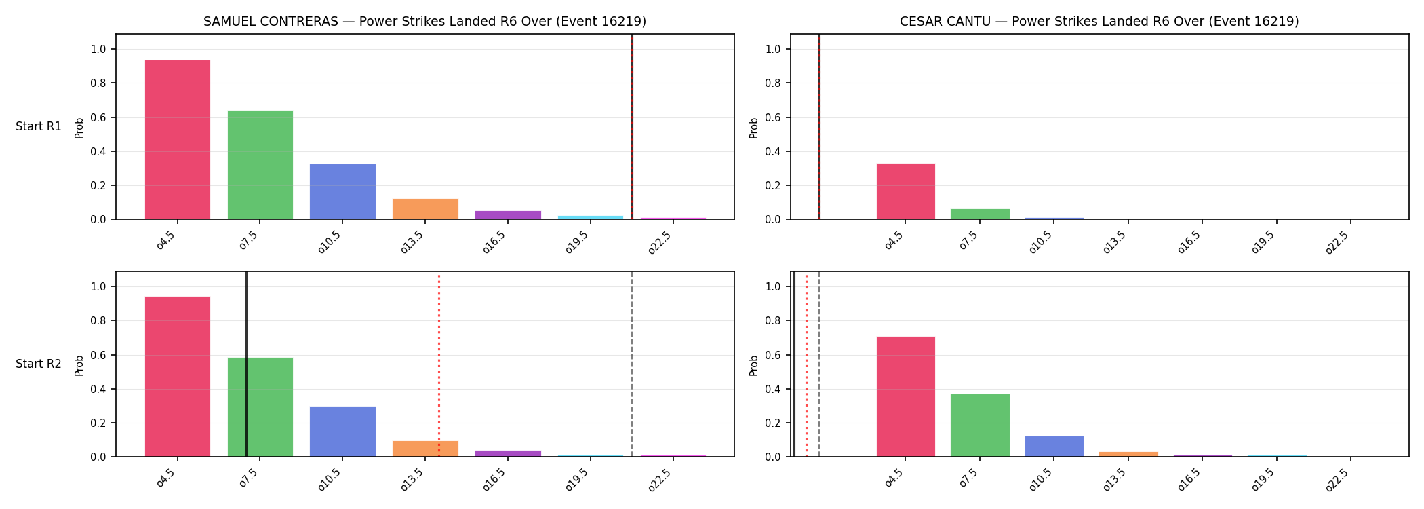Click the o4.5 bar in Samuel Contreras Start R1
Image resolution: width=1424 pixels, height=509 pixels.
point(178,140)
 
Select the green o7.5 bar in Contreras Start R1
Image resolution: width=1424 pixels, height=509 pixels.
point(260,165)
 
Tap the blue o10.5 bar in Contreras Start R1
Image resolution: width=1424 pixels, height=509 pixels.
point(342,191)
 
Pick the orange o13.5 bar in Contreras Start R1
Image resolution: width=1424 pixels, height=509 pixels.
point(425,209)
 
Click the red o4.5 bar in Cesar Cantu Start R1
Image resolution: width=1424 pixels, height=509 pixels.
point(906,191)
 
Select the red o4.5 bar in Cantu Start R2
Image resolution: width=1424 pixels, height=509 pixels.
point(906,396)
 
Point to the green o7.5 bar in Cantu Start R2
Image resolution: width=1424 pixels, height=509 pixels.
point(980,426)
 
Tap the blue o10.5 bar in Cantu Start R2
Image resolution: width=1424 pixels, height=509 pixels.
point(1054,447)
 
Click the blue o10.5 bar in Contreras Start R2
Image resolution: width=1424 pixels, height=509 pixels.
point(342,432)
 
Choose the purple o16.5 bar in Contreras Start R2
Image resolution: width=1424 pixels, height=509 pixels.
point(508,453)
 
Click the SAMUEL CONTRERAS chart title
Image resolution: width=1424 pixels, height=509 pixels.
point(424,22)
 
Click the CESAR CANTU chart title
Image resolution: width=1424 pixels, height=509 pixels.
point(1099,22)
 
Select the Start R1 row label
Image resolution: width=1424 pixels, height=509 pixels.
point(39,126)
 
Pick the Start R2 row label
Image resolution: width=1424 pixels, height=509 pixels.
point(39,364)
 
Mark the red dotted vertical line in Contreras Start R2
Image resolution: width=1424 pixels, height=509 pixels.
point(439,364)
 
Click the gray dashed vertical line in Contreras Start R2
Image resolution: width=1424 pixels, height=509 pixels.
point(632,364)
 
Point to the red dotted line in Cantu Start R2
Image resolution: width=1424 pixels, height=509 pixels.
point(806,364)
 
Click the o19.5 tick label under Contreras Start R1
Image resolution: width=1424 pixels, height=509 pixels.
point(577,241)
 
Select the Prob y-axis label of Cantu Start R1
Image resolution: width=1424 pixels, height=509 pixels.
point(754,128)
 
